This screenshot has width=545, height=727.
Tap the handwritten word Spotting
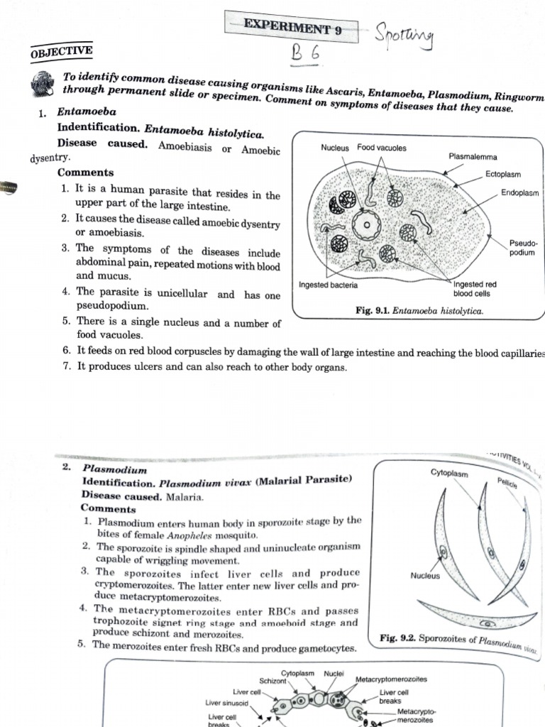coord(405,34)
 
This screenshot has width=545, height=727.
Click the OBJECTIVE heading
coord(62,51)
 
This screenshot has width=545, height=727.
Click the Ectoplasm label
coord(503,175)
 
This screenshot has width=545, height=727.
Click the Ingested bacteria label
coord(329,285)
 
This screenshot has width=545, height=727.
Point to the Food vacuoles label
coord(382,148)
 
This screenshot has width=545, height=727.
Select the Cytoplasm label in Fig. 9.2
coord(450,473)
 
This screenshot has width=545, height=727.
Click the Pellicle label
coord(507,485)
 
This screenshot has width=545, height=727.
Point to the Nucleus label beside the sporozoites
coord(425,576)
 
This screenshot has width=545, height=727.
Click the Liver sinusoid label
coord(228,702)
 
